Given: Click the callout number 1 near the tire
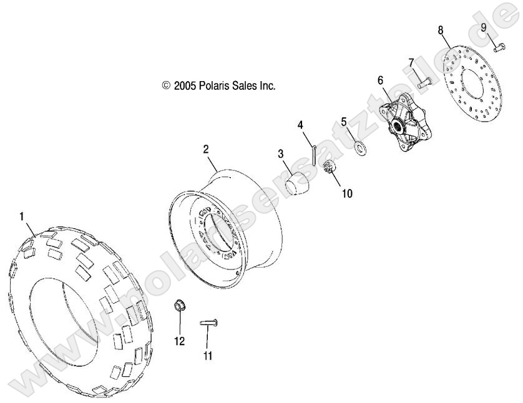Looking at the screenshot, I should (22, 217).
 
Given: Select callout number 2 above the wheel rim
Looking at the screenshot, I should (205, 149).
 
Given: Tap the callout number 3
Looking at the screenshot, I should (281, 154).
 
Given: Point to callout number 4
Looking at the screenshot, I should (300, 125).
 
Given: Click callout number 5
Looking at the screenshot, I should (343, 120).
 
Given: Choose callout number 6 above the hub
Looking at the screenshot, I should (380, 80).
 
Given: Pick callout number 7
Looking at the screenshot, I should (411, 62).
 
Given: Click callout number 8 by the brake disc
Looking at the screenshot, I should (441, 30).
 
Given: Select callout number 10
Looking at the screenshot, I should (346, 193).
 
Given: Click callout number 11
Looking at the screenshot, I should (207, 356).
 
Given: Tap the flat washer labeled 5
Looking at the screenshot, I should (359, 147).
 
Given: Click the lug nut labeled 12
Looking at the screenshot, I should (178, 307).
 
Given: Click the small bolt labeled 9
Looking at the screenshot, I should (497, 46).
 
